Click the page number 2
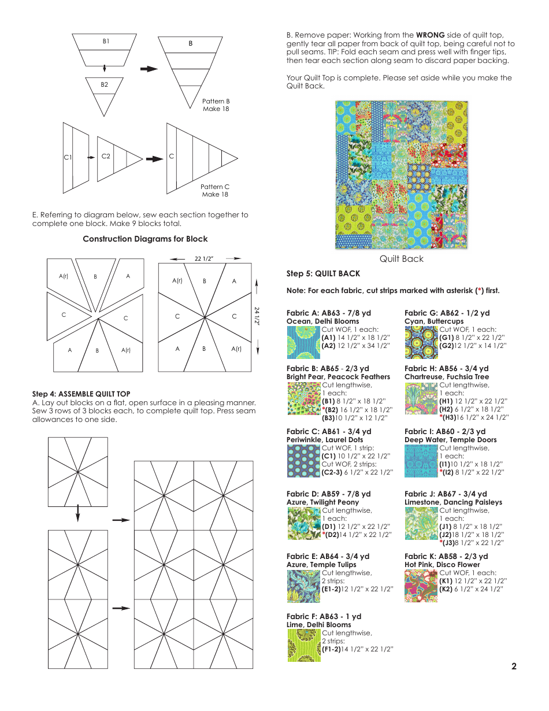(514, 666)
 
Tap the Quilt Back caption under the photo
(401, 259)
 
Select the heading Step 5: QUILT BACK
(323, 273)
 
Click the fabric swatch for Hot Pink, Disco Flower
(421, 586)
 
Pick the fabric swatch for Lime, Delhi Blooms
(304, 645)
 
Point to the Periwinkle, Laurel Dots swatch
(304, 461)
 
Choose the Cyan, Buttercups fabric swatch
(421, 342)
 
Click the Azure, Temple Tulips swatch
(304, 586)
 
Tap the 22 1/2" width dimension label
(204, 258)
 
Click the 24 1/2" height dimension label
(257, 316)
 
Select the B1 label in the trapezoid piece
(106, 42)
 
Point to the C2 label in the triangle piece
(106, 156)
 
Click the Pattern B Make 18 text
(216, 105)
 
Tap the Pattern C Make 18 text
(215, 190)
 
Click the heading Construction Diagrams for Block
(145, 239)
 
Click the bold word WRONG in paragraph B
(429, 35)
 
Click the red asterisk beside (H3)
(441, 417)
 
